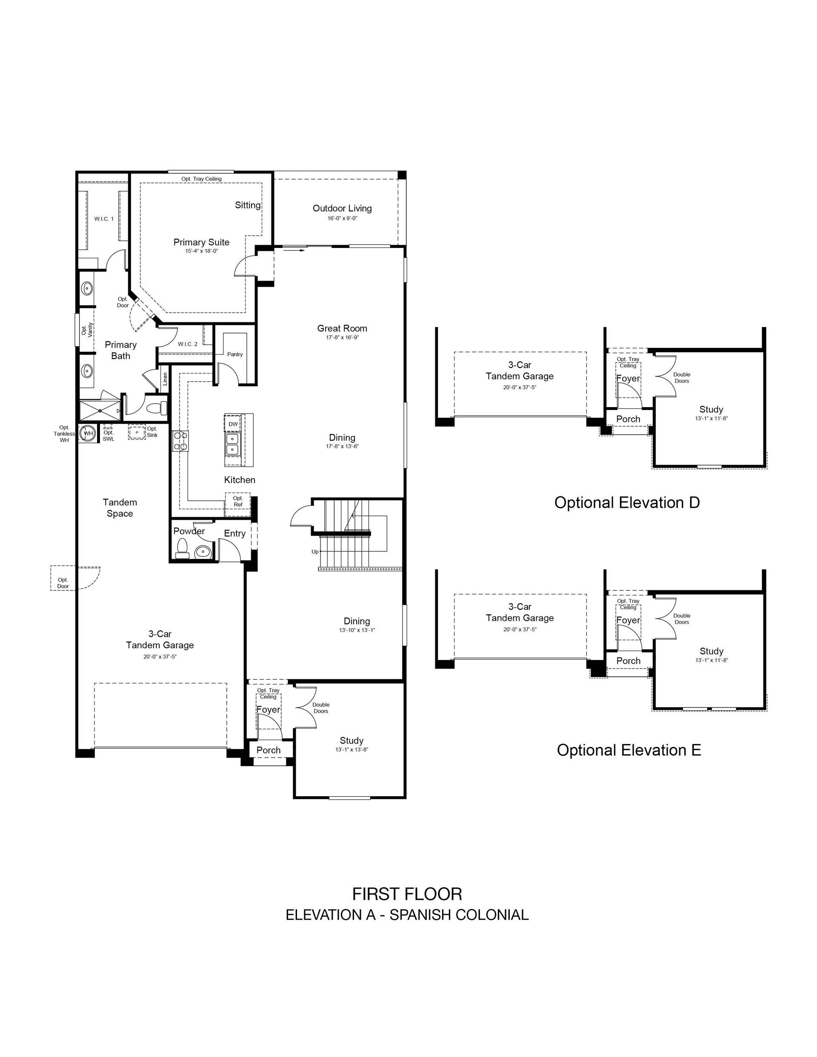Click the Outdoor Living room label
pyautogui.click(x=342, y=208)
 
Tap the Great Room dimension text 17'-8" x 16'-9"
pyautogui.click(x=342, y=337)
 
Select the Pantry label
pyautogui.click(x=235, y=354)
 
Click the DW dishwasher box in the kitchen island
pyautogui.click(x=233, y=424)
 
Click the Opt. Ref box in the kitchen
pyautogui.click(x=238, y=501)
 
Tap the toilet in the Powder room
pyautogui.click(x=183, y=549)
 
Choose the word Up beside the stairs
pyautogui.click(x=315, y=551)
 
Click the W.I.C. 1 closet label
pyautogui.click(x=104, y=219)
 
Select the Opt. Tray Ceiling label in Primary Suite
pyautogui.click(x=201, y=179)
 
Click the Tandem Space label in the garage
pyautogui.click(x=120, y=508)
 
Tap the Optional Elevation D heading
pyautogui.click(x=627, y=502)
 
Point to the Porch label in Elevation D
pyautogui.click(x=628, y=419)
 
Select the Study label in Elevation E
pyautogui.click(x=711, y=651)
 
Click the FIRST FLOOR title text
pyautogui.click(x=407, y=894)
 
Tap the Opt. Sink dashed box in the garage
pyautogui.click(x=137, y=432)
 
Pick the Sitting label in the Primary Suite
pyautogui.click(x=248, y=205)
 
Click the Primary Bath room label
pyautogui.click(x=120, y=350)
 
